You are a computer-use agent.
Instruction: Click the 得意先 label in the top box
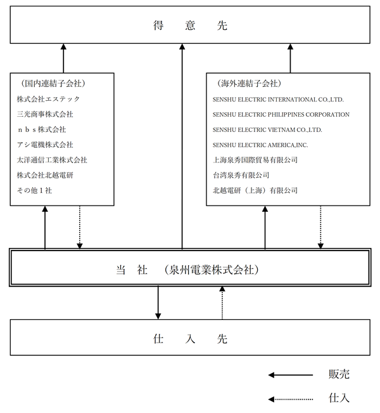[190, 25]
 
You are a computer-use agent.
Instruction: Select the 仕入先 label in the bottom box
[190, 339]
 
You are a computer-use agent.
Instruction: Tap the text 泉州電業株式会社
[212, 270]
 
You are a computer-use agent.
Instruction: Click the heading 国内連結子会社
[53, 84]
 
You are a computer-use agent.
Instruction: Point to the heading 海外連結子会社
[250, 84]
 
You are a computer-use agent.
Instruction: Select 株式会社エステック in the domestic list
[48, 99]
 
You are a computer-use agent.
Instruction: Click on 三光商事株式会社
[45, 114]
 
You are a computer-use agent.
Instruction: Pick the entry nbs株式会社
[42, 129]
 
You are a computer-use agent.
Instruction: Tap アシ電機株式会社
[45, 145]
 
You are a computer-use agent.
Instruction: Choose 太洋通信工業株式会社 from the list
[52, 160]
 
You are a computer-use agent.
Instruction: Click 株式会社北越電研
[45, 175]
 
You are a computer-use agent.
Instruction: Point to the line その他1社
[34, 190]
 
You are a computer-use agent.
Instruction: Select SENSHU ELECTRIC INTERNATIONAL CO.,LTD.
[278, 100]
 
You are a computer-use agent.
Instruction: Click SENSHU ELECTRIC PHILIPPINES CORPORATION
[281, 115]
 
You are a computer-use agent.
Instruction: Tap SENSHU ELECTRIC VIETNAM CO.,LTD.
[267, 130]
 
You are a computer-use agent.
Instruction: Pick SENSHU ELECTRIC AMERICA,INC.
[260, 145]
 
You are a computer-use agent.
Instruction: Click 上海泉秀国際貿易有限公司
[255, 160]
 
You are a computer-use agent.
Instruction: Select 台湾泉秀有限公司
[241, 175]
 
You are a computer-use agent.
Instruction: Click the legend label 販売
[339, 374]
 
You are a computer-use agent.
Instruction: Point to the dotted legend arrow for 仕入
[291, 399]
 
